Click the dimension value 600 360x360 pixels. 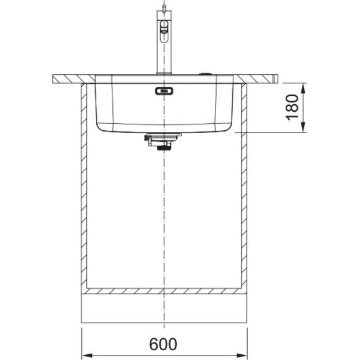(164, 344)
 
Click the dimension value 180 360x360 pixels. (293, 108)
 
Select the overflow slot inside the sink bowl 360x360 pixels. (164, 90)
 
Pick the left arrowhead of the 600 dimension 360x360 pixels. (87, 354)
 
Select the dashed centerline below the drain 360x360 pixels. (165, 219)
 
